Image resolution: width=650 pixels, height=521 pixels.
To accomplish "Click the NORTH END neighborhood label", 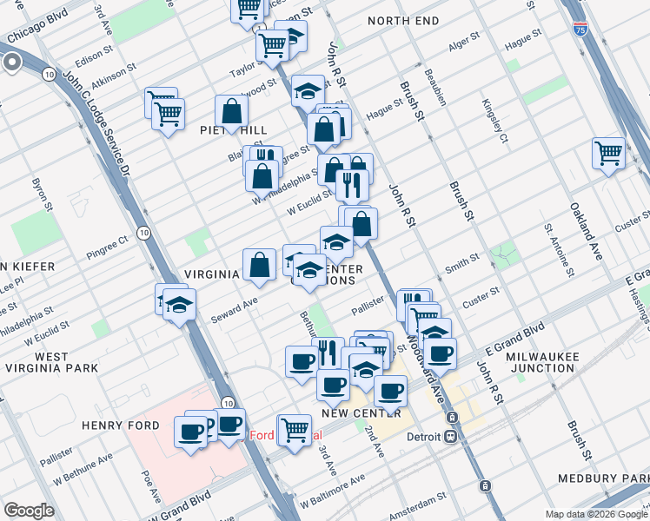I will pyautogui.click(x=399, y=20).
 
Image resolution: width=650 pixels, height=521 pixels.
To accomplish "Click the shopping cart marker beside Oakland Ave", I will pyautogui.click(x=609, y=153).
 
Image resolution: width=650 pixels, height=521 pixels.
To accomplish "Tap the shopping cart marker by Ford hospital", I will pyautogui.click(x=295, y=429).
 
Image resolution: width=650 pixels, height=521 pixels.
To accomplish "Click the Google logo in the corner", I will pyautogui.click(x=30, y=510).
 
